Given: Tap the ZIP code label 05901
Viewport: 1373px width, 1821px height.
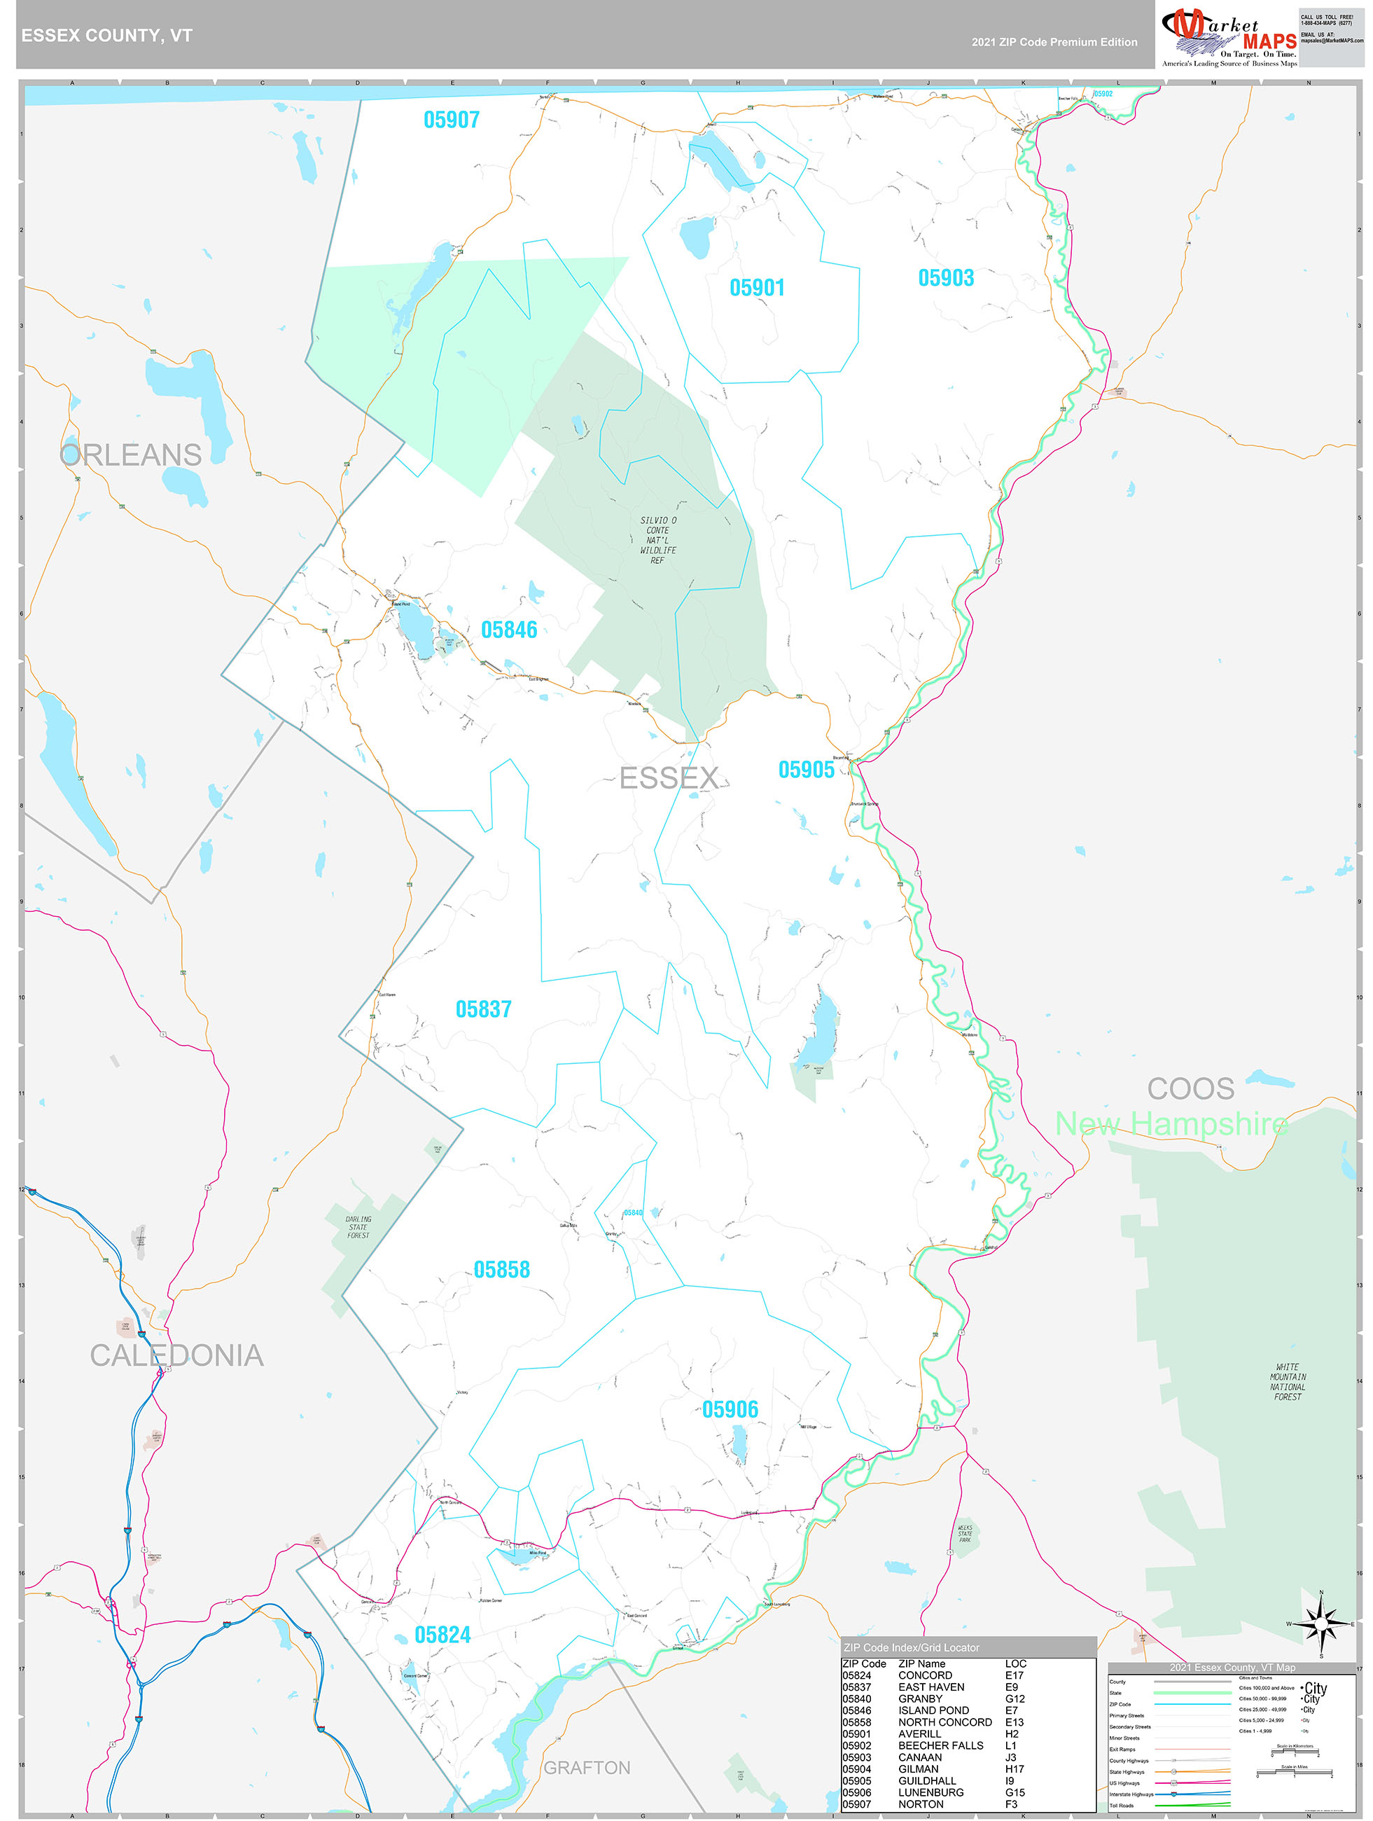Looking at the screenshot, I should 756,288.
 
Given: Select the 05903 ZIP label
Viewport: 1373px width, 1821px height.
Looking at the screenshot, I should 946,278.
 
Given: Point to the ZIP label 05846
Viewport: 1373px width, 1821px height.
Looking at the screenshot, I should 509,630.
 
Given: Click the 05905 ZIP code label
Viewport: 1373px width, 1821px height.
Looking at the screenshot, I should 806,770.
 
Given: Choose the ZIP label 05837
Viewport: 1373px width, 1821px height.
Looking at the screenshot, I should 483,1009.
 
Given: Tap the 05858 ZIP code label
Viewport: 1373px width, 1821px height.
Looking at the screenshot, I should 501,1270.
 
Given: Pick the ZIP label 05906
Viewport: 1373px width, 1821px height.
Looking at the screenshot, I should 730,1410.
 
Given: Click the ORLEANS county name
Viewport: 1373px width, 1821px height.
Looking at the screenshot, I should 131,455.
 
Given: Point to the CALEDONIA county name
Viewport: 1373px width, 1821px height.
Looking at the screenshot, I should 176,1356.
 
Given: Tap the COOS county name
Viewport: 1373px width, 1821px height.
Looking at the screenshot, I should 1190,1089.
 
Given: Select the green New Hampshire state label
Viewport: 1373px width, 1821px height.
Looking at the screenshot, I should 1171,1123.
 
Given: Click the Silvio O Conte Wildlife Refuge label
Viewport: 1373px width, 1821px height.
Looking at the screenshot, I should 657,540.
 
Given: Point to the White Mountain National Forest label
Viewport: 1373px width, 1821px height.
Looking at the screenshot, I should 1288,1381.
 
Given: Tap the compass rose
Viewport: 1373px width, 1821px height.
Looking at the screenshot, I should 1320,1624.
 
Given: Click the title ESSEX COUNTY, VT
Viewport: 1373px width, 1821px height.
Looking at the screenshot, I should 107,36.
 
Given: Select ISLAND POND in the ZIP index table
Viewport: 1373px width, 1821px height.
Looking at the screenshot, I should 933,1710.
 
